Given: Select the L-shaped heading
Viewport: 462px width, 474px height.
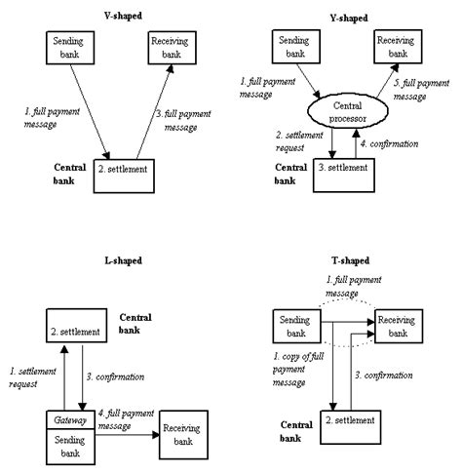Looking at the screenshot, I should (123, 261).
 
